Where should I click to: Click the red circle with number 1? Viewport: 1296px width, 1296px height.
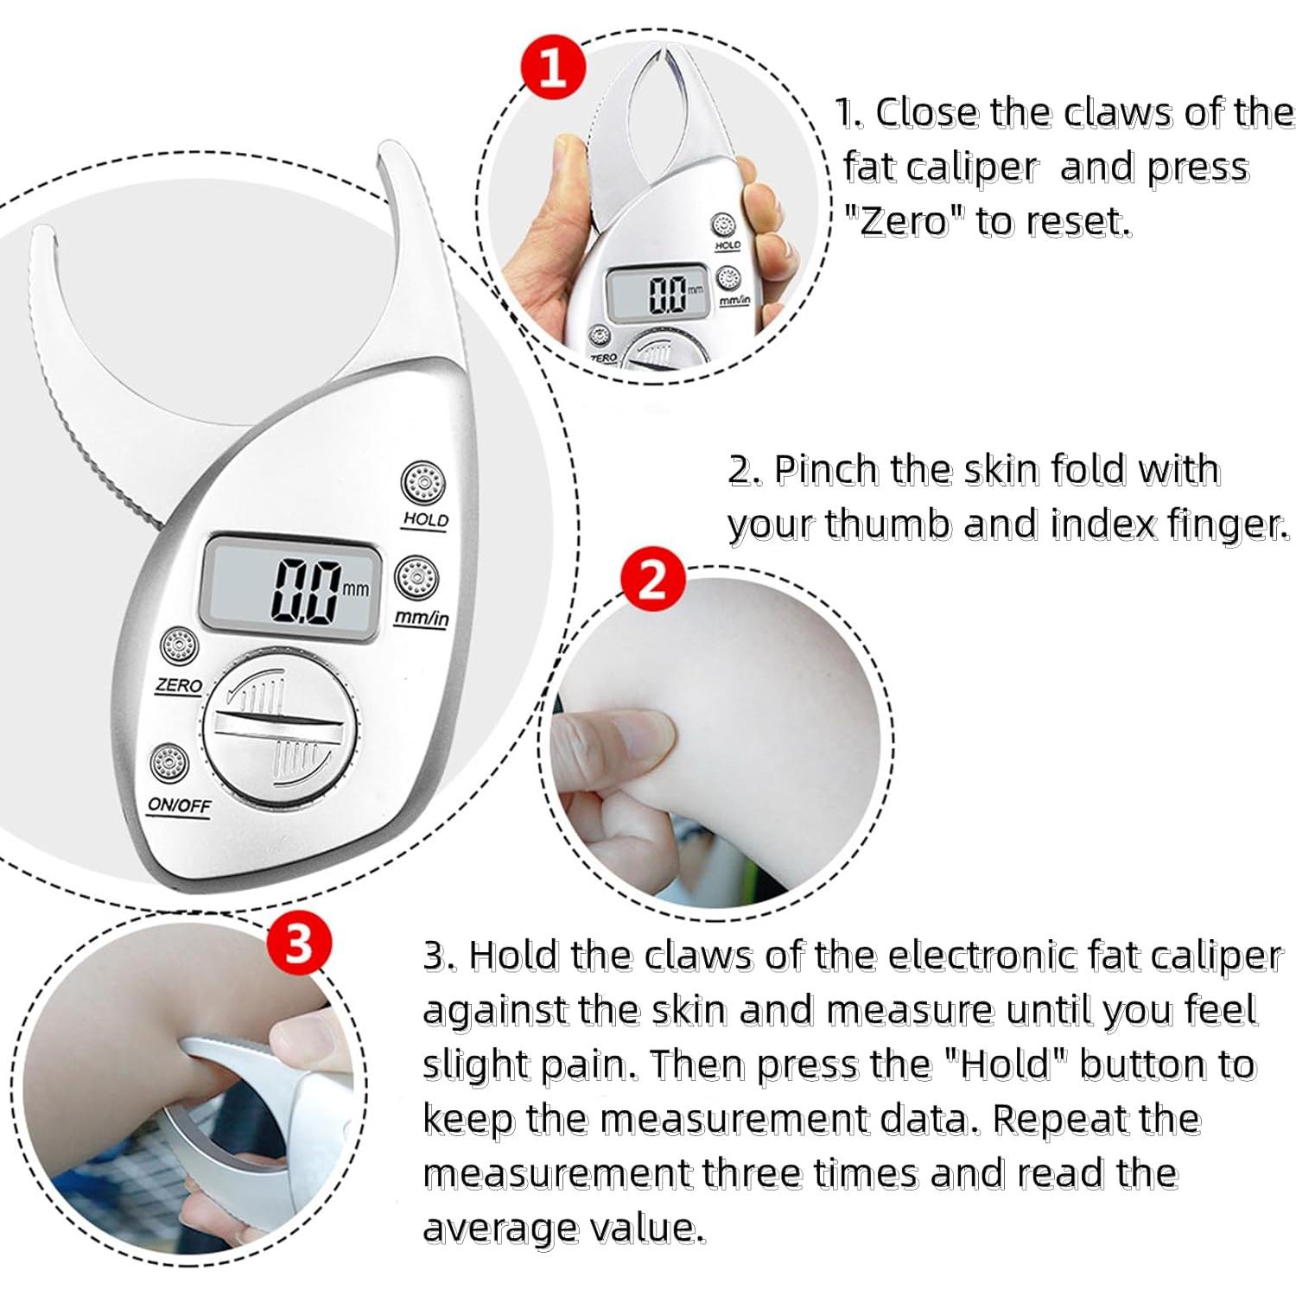pyautogui.click(x=553, y=67)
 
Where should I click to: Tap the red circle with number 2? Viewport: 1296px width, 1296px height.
pyautogui.click(x=653, y=578)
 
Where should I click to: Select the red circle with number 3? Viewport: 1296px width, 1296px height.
pyautogui.click(x=298, y=943)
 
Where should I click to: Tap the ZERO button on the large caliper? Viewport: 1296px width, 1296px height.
pyautogui.click(x=179, y=646)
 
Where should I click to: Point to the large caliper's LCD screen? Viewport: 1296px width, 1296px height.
pyautogui.click(x=291, y=588)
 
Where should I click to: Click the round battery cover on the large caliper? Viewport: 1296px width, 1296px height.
pyautogui.click(x=281, y=722)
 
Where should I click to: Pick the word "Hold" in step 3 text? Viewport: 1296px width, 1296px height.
pyautogui.click(x=1002, y=1064)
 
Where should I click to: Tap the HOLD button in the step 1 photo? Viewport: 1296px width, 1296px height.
pyautogui.click(x=723, y=226)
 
